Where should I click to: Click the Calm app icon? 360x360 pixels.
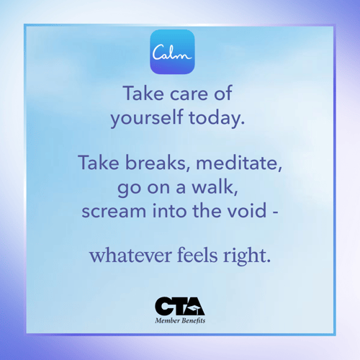[172, 52]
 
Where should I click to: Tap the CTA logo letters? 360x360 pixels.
[180, 306]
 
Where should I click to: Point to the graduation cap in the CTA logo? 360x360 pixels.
[195, 309]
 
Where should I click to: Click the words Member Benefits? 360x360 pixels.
[180, 320]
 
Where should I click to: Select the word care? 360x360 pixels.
[189, 94]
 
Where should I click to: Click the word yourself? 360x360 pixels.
[147, 118]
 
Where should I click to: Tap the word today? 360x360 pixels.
[217, 118]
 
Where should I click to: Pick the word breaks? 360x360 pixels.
[158, 163]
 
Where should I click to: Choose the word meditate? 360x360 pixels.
[239, 163]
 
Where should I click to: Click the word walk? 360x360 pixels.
[215, 187]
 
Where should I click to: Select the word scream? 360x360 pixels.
[114, 211]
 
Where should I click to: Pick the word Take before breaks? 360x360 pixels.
[99, 162]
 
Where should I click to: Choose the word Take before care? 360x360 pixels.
[143, 93]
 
